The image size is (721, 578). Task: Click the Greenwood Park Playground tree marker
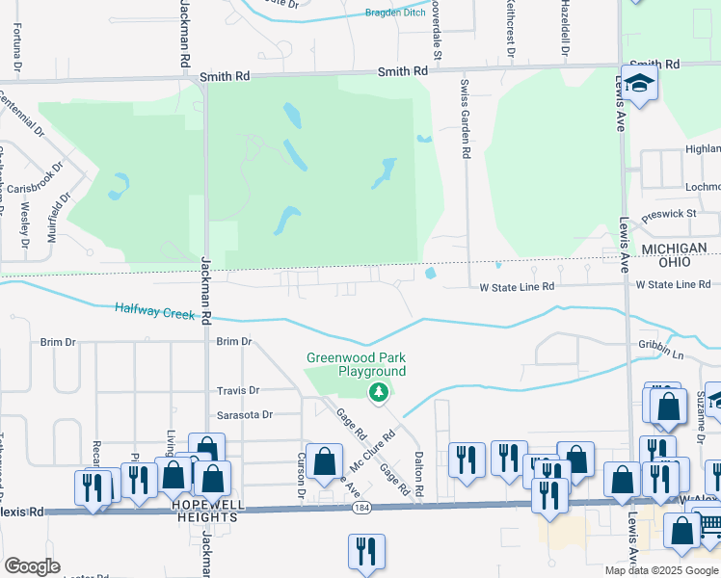pyautogui.click(x=379, y=391)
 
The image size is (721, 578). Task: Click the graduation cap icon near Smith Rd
pyautogui.click(x=638, y=85)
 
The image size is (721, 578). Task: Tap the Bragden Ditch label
pyautogui.click(x=395, y=13)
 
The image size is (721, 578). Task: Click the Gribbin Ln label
pyautogui.click(x=687, y=344)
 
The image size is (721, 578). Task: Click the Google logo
pyautogui.click(x=31, y=566)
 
